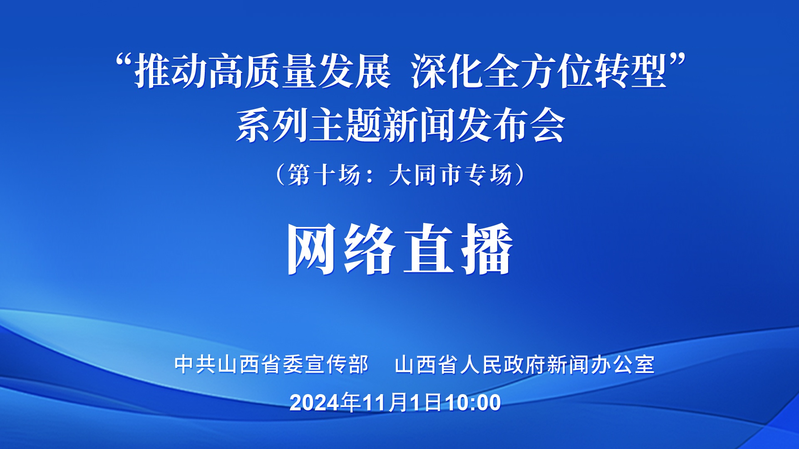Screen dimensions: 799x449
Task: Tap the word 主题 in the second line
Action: tap(345, 126)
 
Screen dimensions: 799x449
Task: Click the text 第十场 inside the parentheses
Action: tap(325, 175)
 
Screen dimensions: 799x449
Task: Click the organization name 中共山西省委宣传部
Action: tap(272, 365)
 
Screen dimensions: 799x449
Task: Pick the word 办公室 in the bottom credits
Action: tap(623, 365)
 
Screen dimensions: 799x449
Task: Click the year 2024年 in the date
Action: tap(325, 402)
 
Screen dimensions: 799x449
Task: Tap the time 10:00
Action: tap(473, 402)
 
